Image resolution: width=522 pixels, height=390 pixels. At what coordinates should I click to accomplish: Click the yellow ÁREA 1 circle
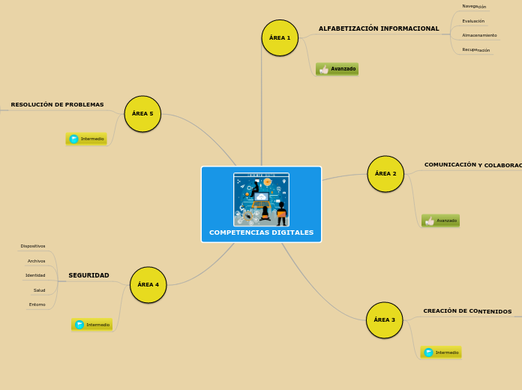[x=280, y=37]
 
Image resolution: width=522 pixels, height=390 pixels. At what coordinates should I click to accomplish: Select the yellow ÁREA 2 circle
[x=385, y=174]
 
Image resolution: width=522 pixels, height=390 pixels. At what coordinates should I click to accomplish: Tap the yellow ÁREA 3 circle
[x=384, y=320]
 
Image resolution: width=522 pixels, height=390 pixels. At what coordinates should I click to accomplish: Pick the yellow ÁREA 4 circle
[x=148, y=285]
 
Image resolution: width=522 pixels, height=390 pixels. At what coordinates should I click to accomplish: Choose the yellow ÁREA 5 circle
[x=142, y=114]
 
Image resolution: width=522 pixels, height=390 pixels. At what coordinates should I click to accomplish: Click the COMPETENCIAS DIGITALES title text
[x=261, y=232]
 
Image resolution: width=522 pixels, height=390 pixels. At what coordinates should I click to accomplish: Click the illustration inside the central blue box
[x=261, y=199]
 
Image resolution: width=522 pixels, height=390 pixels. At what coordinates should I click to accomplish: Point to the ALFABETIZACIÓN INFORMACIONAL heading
[x=379, y=28]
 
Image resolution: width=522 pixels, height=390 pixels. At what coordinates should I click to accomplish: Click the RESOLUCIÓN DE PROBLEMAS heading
[x=57, y=105]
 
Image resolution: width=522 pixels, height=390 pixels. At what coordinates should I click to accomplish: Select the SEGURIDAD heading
[x=88, y=275]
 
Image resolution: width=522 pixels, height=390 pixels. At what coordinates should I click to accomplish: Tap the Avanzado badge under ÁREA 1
[x=337, y=69]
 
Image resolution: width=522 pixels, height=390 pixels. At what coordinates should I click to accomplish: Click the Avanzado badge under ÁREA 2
[x=440, y=220]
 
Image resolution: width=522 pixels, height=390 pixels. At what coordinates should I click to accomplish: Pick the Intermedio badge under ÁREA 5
[x=86, y=139]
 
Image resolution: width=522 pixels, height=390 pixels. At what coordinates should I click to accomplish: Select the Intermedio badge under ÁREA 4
[x=92, y=325]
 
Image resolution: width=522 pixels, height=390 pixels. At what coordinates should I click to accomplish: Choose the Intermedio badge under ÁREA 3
[x=441, y=352]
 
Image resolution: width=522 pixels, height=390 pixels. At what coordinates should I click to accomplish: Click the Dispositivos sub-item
[x=33, y=246]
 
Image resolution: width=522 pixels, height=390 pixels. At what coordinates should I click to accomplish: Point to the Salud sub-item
[x=39, y=290]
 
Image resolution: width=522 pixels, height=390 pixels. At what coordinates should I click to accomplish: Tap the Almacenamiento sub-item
[x=479, y=35]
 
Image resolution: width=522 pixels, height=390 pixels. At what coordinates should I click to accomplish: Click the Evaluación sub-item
[x=473, y=21]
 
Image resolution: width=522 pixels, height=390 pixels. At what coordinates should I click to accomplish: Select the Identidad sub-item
[x=35, y=275]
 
